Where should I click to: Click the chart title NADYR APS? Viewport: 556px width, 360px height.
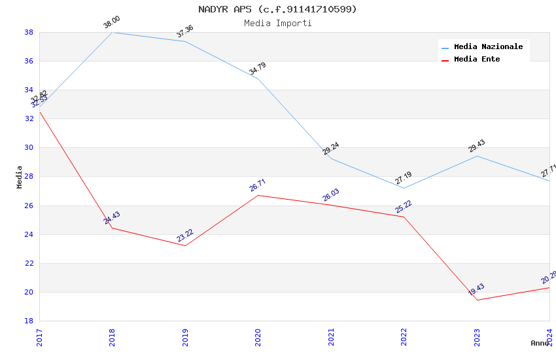click(278, 9)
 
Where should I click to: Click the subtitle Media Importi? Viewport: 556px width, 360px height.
click(278, 24)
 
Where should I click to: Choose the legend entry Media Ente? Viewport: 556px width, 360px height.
click(477, 60)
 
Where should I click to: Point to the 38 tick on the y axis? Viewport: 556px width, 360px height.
click(29, 32)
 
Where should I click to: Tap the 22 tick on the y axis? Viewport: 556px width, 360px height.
click(29, 263)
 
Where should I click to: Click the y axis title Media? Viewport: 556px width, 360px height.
click(20, 177)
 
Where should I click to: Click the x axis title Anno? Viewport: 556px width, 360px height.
click(540, 343)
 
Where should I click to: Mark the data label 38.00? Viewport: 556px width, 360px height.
click(112, 22)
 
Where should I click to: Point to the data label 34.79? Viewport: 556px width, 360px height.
click(258, 69)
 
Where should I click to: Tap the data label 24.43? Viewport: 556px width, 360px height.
click(112, 218)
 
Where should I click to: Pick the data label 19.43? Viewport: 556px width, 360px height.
click(476, 290)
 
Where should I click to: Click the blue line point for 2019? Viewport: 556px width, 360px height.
click(185, 41)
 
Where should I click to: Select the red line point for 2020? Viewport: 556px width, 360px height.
click(258, 195)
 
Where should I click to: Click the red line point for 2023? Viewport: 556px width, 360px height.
click(477, 300)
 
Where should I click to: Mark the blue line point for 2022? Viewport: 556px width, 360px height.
click(404, 188)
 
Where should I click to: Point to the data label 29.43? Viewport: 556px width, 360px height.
click(477, 146)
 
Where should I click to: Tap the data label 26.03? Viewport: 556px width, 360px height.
click(331, 195)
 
